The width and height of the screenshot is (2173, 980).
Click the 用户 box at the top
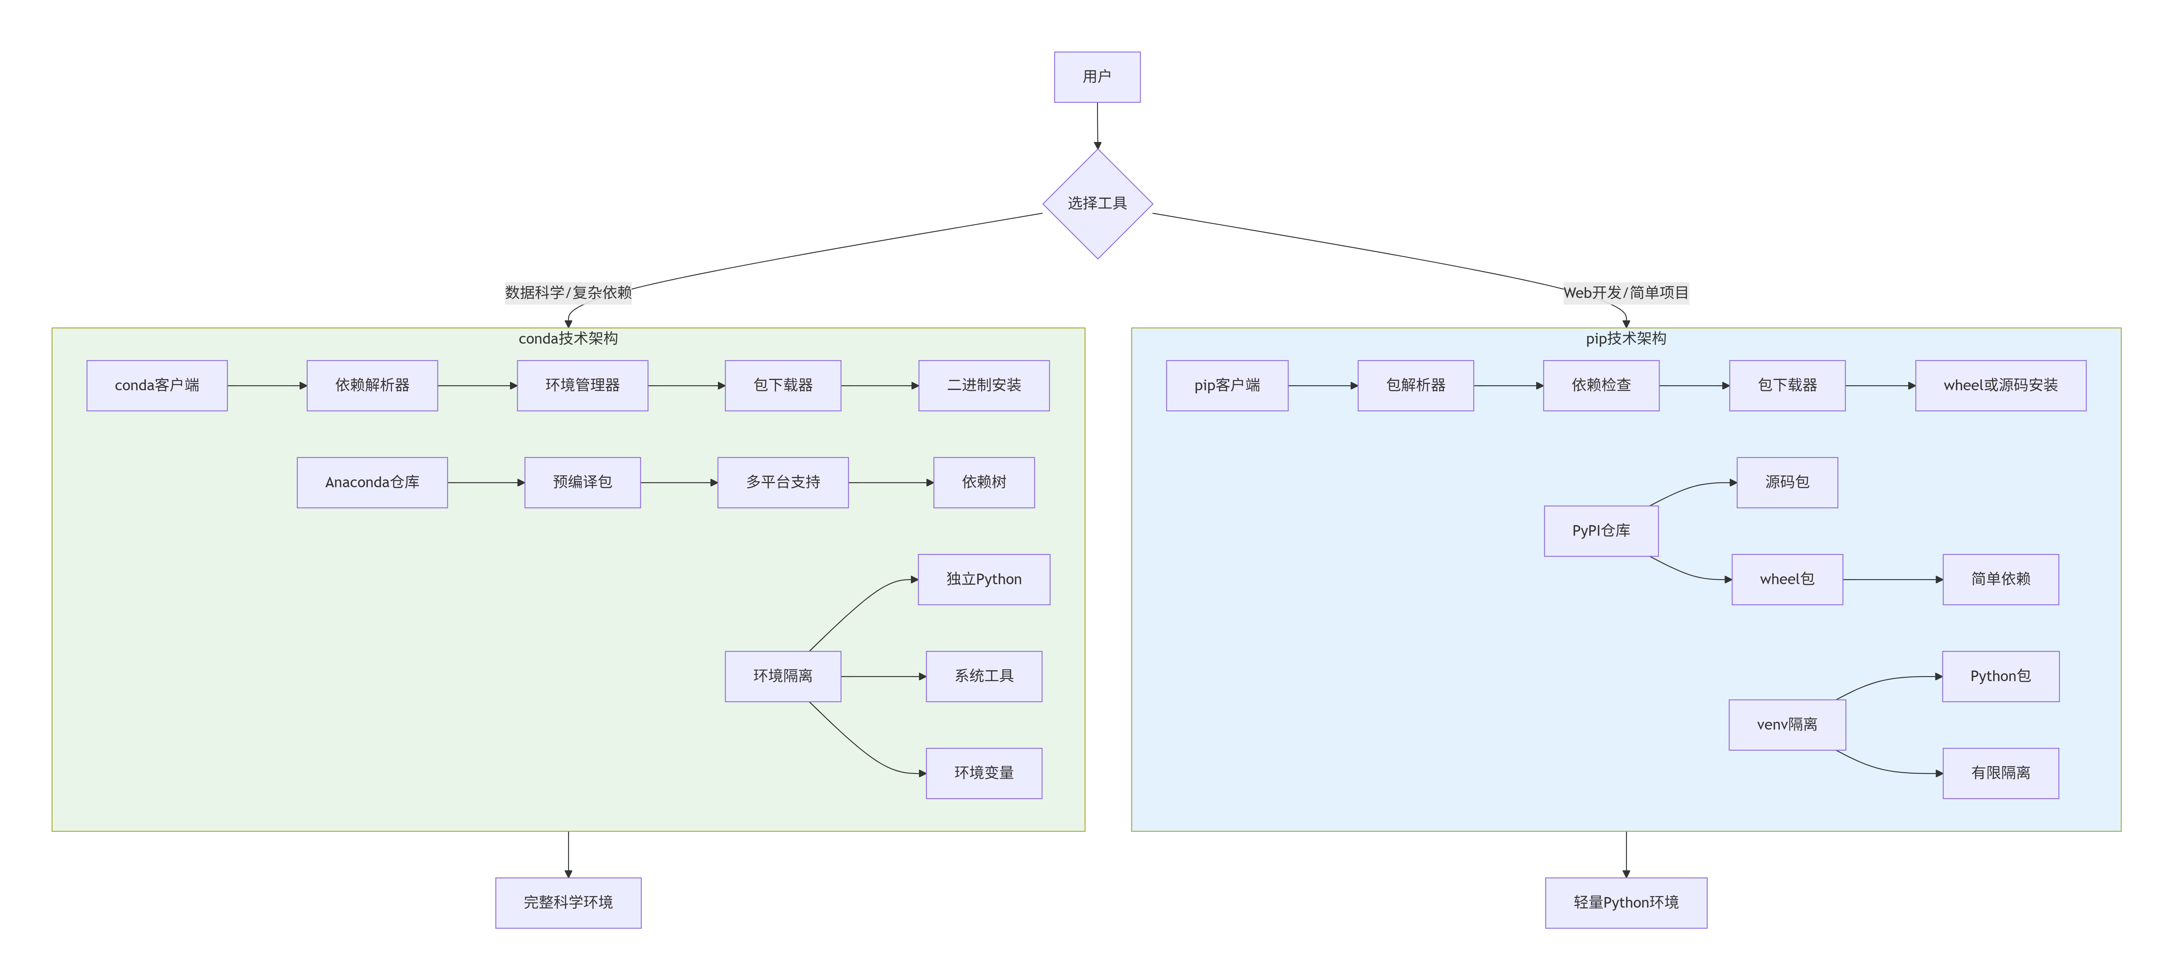1097,77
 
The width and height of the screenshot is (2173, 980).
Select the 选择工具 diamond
1097,203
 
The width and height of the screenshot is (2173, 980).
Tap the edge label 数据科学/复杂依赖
568,293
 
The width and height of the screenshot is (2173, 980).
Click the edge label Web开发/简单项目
1625,293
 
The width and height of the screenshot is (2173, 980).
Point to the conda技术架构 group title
568,338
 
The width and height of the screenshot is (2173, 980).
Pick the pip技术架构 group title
1625,338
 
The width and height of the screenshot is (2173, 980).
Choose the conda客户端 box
157,385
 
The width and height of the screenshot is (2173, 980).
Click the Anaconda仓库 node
372,483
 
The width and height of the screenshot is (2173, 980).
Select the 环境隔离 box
783,676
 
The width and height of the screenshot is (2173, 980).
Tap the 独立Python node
984,579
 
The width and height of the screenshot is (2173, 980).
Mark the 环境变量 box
984,773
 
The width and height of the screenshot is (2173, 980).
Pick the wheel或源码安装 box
2000,385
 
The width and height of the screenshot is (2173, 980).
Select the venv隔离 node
1787,725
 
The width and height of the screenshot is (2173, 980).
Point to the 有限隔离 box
2000,773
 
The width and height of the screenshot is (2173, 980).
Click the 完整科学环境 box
568,902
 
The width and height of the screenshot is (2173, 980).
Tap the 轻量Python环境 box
1625,902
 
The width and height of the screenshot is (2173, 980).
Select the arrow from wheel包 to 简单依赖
1892,579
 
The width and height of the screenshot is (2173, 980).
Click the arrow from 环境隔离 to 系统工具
883,676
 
